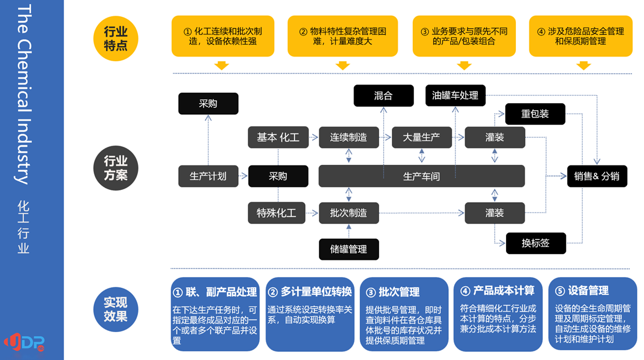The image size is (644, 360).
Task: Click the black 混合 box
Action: point(384,96)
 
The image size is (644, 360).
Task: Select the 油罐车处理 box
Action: point(455,95)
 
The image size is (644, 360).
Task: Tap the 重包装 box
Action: point(535,114)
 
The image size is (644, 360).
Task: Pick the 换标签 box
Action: point(536,243)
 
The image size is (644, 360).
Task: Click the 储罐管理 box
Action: point(349,249)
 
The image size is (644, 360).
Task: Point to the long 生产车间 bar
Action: point(422,176)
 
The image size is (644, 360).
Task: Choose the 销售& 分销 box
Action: point(597,176)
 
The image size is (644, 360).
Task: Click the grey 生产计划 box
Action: point(208,176)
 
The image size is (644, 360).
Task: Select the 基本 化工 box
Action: point(278,137)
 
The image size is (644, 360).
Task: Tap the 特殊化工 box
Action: point(277,213)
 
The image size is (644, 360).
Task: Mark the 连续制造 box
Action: point(349,137)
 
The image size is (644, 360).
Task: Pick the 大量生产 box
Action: point(422,137)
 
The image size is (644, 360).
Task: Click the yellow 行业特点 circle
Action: point(116,38)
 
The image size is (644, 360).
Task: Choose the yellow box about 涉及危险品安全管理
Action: point(581,36)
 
